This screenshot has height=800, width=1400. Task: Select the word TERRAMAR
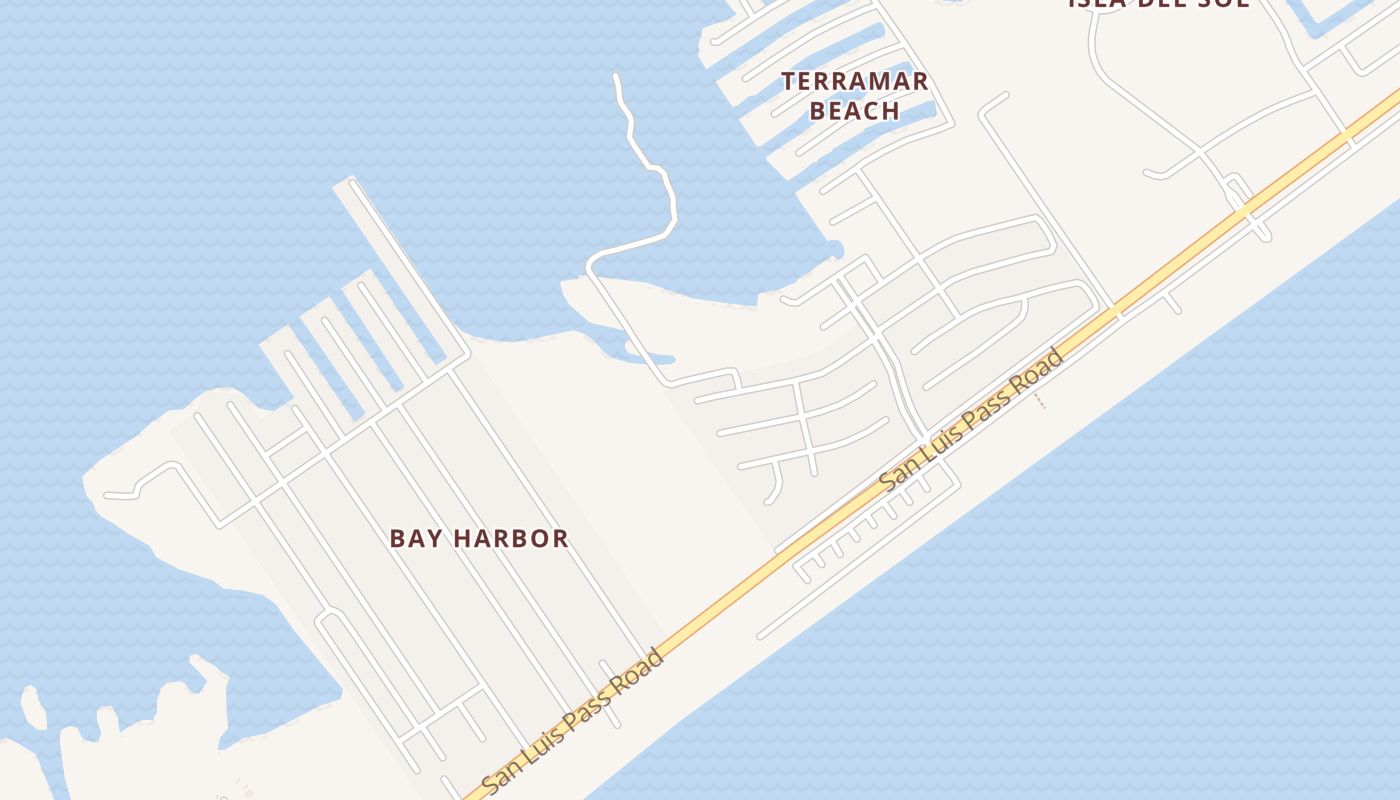tap(855, 81)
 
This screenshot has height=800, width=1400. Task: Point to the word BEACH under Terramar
tap(855, 110)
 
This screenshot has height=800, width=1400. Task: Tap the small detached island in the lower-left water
tap(33, 707)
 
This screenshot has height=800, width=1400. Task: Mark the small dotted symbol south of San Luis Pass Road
tap(1040, 401)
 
